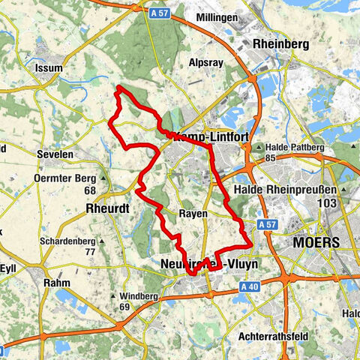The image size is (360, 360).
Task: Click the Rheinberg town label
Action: click(x=281, y=44)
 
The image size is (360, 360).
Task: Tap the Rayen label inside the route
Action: click(x=193, y=214)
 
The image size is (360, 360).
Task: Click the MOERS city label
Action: click(x=316, y=243)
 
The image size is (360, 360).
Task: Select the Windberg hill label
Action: click(x=136, y=297)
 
